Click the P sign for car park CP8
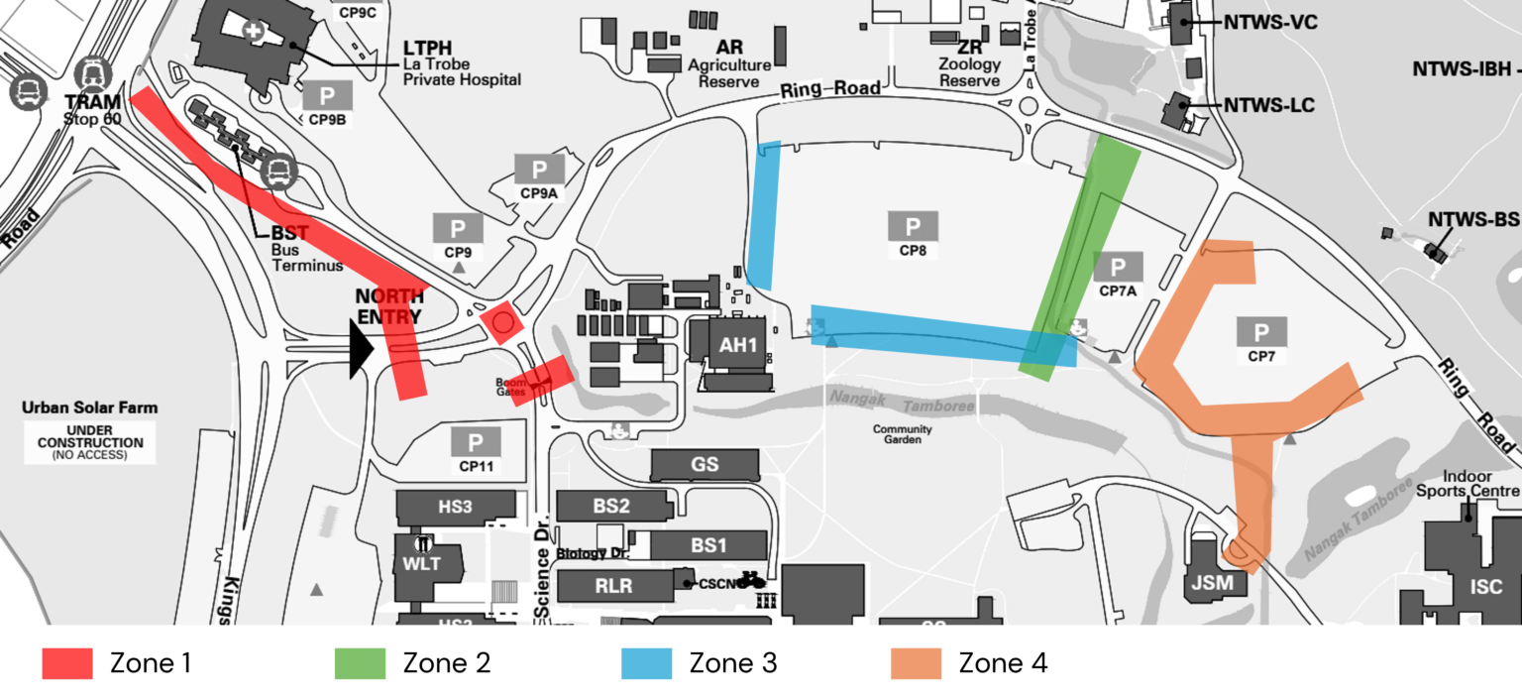[x=913, y=226]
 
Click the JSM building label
[x=1212, y=583]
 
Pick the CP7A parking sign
[x=1118, y=267]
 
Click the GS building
[x=705, y=465]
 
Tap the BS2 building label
[x=611, y=506]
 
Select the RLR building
[x=613, y=586]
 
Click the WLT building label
[x=421, y=565]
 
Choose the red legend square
[x=67, y=663]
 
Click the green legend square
[x=360, y=663]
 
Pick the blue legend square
[x=646, y=663]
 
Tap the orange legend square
[x=916, y=663]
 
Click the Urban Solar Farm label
[x=89, y=407]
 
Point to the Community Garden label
[x=902, y=434]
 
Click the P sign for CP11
[x=476, y=442]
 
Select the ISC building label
[x=1485, y=587]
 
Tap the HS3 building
[x=455, y=507]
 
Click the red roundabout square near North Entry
[x=501, y=322]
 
